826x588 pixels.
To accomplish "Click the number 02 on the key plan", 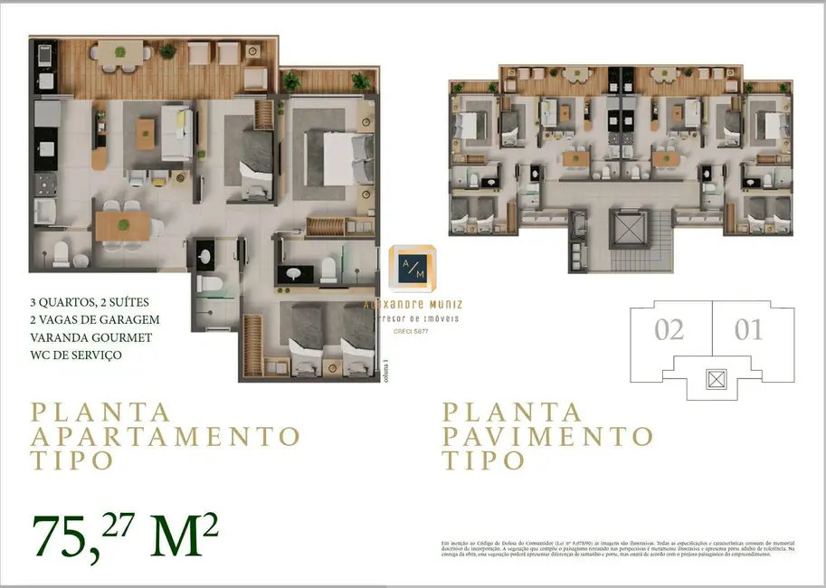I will [x=669, y=330].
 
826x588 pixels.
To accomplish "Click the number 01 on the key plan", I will [x=749, y=330].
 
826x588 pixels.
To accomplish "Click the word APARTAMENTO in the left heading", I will [x=166, y=436].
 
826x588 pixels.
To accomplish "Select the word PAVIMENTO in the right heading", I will [x=547, y=437].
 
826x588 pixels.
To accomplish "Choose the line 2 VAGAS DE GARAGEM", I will [x=95, y=319].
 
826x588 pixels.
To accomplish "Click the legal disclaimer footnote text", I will [x=619, y=548].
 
